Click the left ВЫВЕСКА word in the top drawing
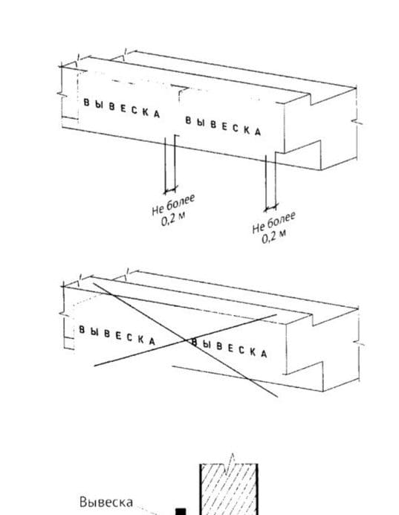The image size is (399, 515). (122, 108)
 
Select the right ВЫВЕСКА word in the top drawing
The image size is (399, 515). (224, 126)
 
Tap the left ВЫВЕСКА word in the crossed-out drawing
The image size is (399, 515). (117, 335)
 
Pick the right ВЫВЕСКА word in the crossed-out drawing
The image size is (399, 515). (229, 348)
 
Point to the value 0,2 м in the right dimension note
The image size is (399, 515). (274, 236)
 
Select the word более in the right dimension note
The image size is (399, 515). (282, 220)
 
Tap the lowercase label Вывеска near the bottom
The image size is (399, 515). (106, 502)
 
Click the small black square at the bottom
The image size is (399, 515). (181, 512)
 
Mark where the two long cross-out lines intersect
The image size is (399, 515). (185, 340)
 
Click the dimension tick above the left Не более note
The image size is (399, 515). (170, 190)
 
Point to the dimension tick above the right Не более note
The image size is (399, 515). (271, 207)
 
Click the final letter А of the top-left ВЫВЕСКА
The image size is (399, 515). (157, 114)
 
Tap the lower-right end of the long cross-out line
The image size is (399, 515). (278, 397)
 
